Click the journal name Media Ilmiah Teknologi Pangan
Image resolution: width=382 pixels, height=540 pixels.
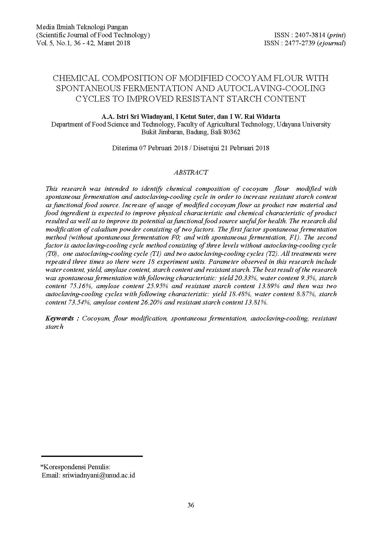pyautogui.click(x=82, y=27)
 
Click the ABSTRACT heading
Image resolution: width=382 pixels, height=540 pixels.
pyautogui.click(x=191, y=172)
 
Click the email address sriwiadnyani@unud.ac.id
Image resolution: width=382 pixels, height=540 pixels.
pyautogui.click(x=99, y=475)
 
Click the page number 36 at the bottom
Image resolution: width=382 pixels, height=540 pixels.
pyautogui.click(x=191, y=505)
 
